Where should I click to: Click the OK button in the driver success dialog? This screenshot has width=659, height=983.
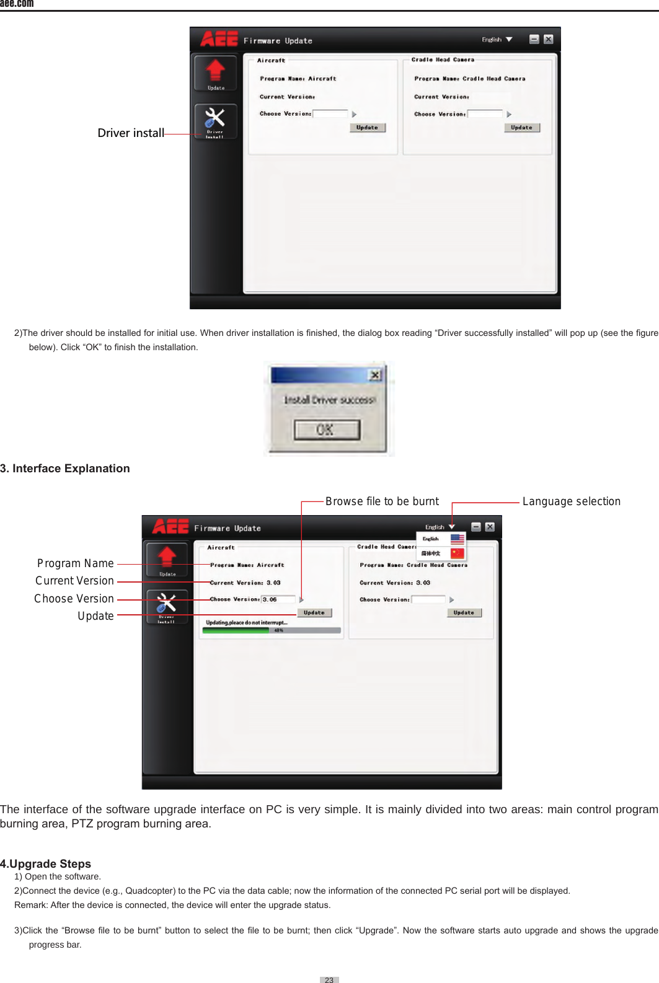pos(327,430)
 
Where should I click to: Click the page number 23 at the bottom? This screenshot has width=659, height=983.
pos(329,979)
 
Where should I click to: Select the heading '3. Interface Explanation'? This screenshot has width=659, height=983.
pos(65,469)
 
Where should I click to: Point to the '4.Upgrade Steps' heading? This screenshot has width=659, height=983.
pos(46,863)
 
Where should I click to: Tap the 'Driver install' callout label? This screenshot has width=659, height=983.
pos(131,133)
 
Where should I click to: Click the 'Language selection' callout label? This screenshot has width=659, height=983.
pos(571,501)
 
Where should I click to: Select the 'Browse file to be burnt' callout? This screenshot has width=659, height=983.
pos(382,501)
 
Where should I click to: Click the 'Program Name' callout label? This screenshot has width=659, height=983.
pos(76,563)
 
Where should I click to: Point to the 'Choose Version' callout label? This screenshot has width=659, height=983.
pos(74,599)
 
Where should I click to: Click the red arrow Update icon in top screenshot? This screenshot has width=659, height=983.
pos(215,71)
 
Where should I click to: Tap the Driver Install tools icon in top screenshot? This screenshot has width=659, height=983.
pos(215,120)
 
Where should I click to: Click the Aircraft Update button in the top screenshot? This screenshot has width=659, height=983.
pos(368,128)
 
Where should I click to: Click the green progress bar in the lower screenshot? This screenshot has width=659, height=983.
pos(236,630)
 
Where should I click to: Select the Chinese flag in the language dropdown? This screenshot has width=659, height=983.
pos(457,553)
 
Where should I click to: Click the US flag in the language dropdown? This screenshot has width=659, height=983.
pos(458,539)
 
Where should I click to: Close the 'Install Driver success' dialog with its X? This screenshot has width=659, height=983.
pos(374,375)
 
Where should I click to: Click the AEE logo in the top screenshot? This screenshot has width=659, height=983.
pos(219,40)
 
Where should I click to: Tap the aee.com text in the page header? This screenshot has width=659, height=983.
pos(17,4)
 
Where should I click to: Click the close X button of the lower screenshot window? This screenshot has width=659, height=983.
pos(490,527)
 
